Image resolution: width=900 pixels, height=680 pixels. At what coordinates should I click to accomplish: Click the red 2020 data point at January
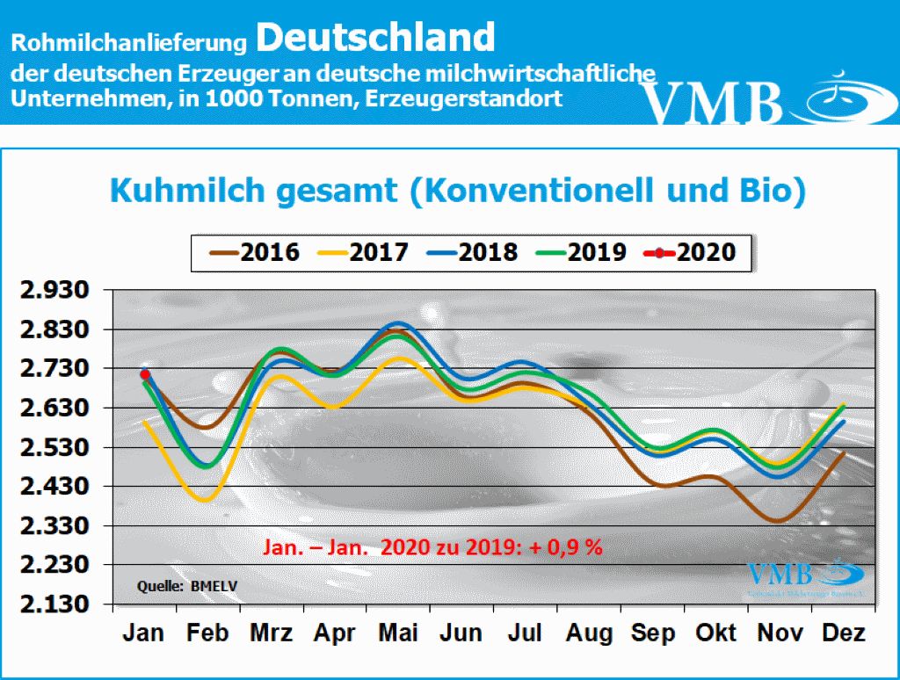145,375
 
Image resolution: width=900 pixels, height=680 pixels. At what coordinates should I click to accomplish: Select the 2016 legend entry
255,252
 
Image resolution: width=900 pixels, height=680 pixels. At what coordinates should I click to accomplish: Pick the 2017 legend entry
364,252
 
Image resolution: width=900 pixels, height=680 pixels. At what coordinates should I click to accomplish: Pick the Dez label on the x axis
844,633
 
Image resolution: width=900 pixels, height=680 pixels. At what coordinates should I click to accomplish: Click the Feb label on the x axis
207,633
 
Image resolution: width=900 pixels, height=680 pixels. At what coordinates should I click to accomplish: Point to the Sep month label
654,633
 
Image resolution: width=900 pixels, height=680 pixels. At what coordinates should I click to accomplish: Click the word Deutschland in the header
376,38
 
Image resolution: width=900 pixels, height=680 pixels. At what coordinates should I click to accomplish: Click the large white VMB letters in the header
712,103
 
